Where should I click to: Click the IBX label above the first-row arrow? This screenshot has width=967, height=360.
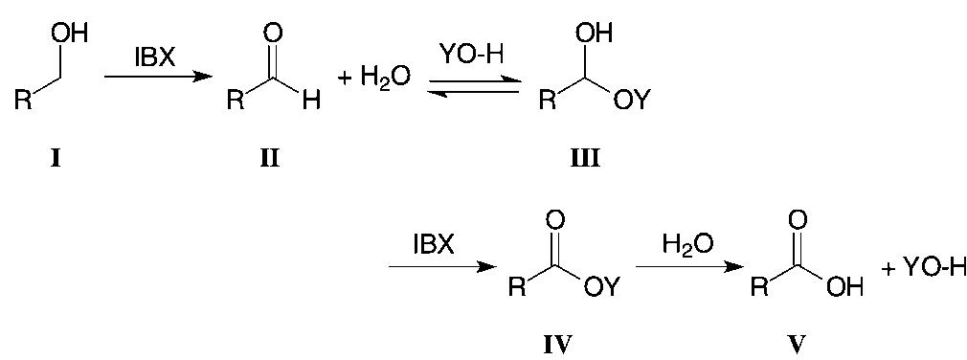click(155, 57)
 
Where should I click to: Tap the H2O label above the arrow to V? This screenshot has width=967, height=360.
click(687, 244)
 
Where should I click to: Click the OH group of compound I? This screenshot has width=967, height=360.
click(71, 34)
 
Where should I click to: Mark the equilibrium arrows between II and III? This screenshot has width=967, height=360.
click(475, 86)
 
